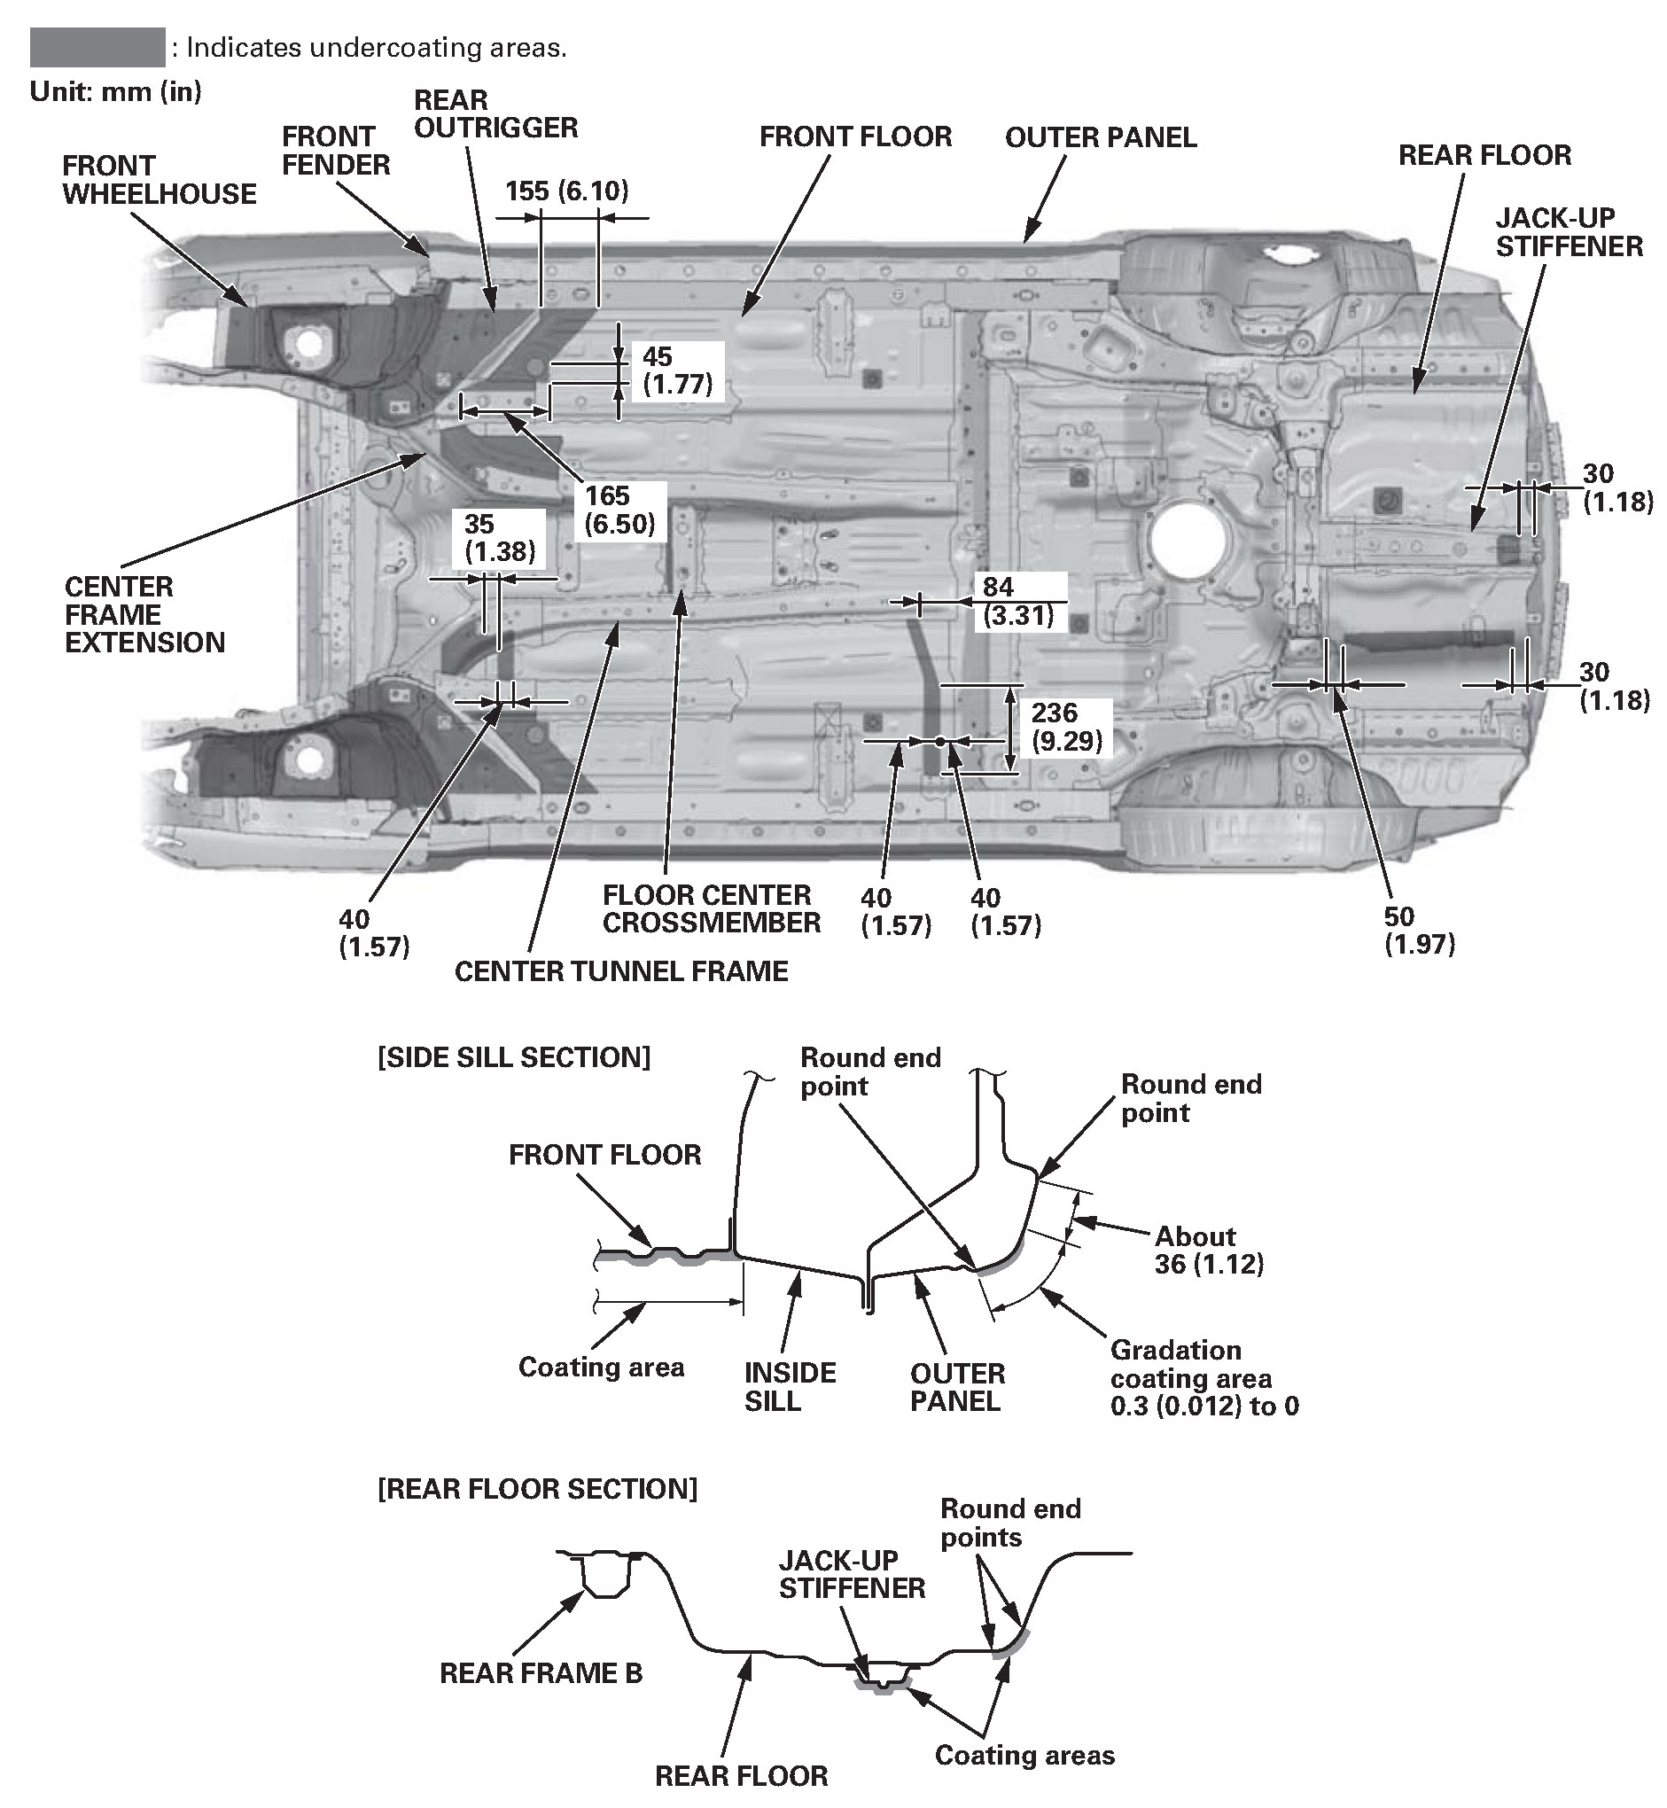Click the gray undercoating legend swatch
point(97,47)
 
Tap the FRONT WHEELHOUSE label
point(159,180)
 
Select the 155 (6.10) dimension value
point(566,191)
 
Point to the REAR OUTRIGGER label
point(495,113)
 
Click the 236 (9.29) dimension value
point(1066,726)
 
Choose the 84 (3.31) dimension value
point(1017,601)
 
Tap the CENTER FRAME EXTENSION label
point(144,614)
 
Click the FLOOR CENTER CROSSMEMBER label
point(711,908)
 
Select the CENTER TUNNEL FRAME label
point(620,970)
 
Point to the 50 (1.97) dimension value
point(1419,931)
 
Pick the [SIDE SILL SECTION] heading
point(513,1056)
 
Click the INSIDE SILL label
point(790,1387)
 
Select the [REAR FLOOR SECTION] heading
point(537,1488)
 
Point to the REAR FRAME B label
point(541,1672)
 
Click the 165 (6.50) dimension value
point(619,509)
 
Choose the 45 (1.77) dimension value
point(677,370)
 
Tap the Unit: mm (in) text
point(115,91)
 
